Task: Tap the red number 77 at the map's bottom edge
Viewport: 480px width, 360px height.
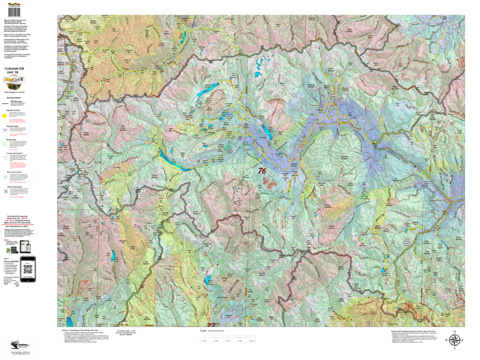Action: point(211,325)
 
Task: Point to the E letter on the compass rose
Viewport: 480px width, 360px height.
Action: point(463,341)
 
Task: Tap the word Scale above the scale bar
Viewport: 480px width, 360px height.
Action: point(203,330)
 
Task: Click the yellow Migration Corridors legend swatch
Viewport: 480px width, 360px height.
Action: point(5,114)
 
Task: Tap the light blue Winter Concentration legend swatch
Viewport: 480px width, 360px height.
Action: point(5,176)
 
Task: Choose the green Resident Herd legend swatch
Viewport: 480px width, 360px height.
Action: point(5,143)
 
